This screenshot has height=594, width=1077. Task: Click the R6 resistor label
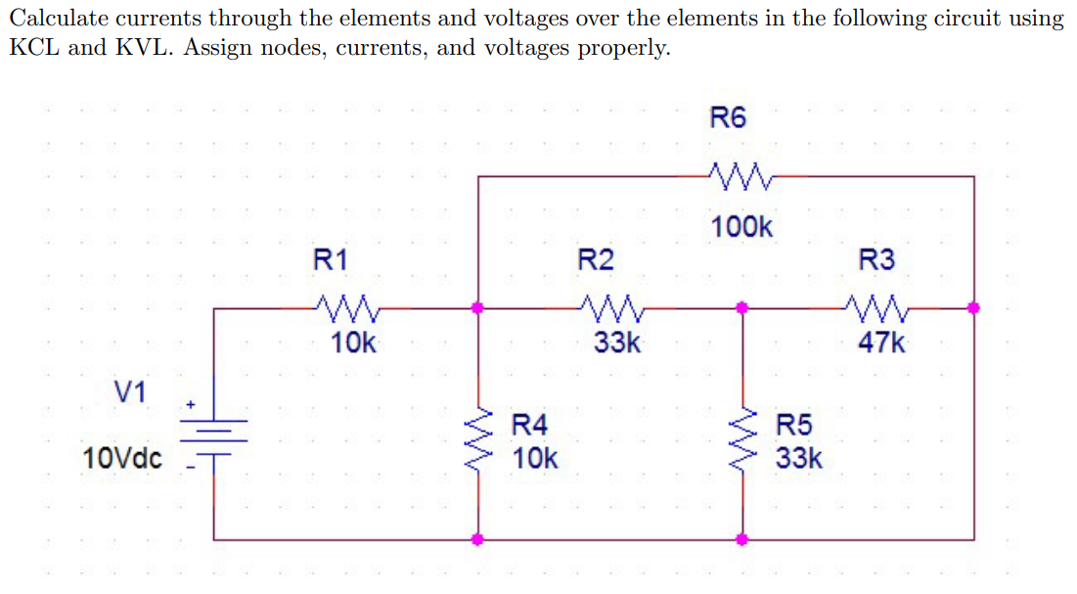(x=727, y=118)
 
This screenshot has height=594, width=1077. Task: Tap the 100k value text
(x=741, y=228)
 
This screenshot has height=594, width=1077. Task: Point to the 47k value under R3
(x=881, y=343)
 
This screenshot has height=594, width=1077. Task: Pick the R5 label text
(x=793, y=425)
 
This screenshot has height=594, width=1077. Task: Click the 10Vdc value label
(x=123, y=458)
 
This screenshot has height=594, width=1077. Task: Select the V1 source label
(x=130, y=392)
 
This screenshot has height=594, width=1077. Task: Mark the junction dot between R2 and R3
(x=742, y=307)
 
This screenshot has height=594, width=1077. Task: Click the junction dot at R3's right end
(x=973, y=307)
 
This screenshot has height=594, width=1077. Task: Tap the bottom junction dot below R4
(x=478, y=539)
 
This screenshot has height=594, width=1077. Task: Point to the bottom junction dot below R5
(x=742, y=539)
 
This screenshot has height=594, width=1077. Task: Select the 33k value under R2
(x=618, y=343)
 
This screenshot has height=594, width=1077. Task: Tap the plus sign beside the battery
(x=192, y=402)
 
